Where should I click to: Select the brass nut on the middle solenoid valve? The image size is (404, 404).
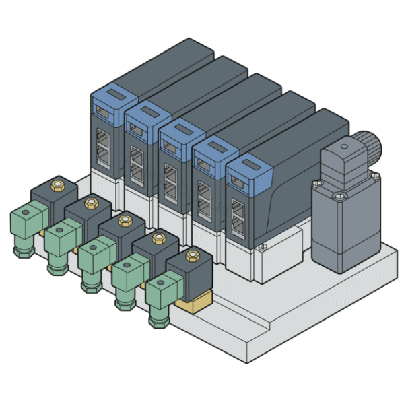click(124, 220)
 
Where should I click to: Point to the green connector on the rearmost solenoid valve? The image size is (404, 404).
click(26, 221)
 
